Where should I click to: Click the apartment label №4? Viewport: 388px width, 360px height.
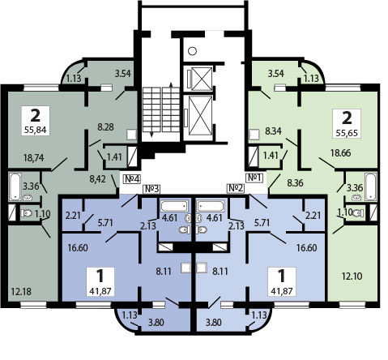point(132,178)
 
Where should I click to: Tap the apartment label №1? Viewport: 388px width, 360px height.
point(254,178)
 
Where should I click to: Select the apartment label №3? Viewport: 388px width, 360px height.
point(151,189)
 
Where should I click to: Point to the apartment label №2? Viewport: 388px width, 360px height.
point(236,188)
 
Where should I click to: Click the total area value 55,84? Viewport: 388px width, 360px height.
point(36,131)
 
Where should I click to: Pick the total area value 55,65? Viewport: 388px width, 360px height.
point(347,133)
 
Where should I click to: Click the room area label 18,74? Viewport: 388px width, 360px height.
point(34,157)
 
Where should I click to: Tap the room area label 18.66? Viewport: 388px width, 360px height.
point(341,153)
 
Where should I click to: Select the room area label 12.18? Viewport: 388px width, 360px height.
point(21,291)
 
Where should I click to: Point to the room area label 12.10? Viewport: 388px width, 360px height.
point(352,276)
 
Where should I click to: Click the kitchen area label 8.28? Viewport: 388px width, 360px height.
point(106,126)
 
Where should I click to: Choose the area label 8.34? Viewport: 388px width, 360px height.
point(273,131)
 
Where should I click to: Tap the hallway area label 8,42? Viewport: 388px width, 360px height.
point(97,179)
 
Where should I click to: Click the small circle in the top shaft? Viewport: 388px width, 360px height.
point(192,51)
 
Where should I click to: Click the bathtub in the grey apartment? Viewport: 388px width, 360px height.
point(15,187)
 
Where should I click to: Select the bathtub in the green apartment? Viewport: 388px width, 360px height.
point(371,186)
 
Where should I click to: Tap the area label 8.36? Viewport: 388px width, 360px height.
point(295,183)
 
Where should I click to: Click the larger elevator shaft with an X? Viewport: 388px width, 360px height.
point(200,115)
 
